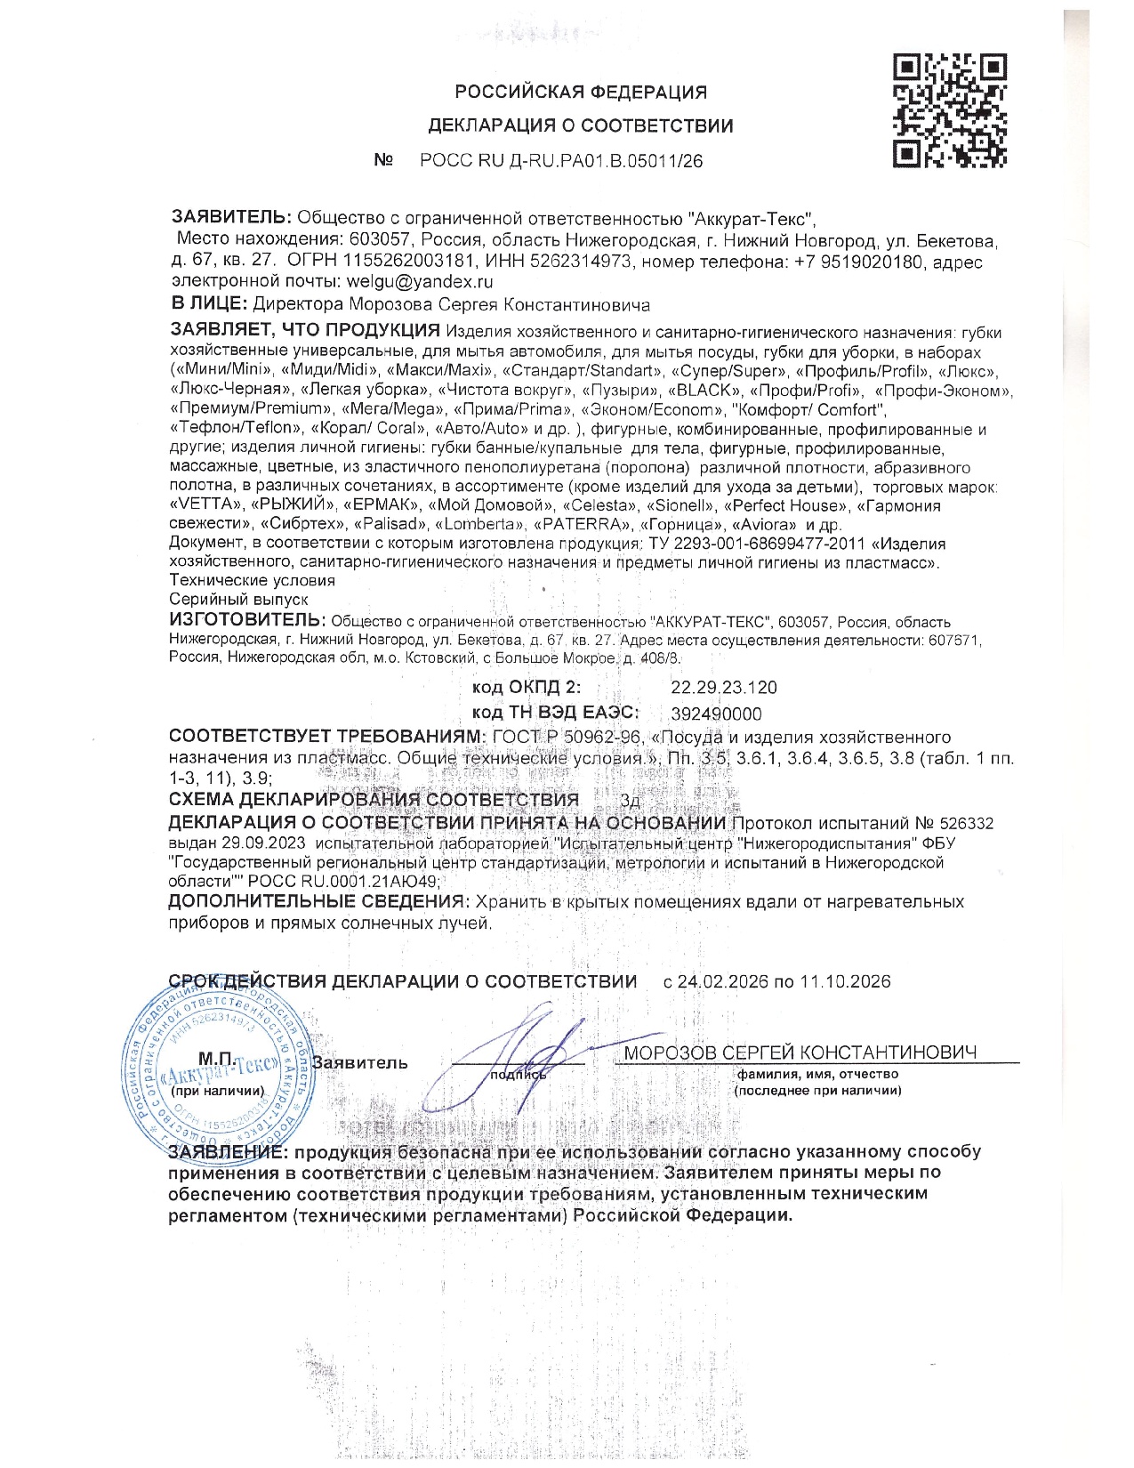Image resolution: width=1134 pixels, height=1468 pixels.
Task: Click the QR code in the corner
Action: [x=950, y=110]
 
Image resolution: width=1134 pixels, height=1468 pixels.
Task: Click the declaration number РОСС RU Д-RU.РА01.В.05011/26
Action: [x=560, y=161]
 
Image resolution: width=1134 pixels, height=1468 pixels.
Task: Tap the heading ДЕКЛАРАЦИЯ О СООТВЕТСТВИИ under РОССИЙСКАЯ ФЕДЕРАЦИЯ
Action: [x=581, y=125]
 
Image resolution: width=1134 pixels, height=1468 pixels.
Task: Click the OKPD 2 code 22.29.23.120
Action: [x=723, y=687]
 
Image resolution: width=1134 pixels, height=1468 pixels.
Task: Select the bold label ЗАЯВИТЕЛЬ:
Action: [x=230, y=217]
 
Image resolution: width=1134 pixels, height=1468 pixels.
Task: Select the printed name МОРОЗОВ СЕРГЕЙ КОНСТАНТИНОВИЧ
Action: [x=800, y=1053]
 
